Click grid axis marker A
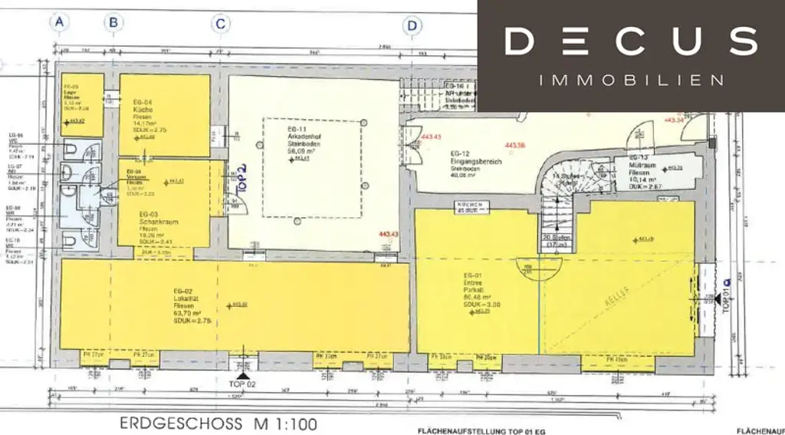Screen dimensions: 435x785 click(x=60, y=23)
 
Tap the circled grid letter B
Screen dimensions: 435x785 click(x=113, y=23)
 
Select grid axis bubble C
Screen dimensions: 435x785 click(x=221, y=24)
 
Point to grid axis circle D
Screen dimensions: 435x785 click(x=413, y=26)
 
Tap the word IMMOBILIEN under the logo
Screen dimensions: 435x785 click(x=631, y=80)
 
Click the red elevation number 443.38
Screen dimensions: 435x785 click(x=514, y=145)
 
